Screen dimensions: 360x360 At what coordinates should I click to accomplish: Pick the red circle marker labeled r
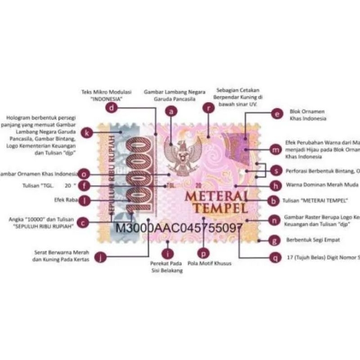pos(207,107)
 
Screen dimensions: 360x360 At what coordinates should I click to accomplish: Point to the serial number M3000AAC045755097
pos(179,227)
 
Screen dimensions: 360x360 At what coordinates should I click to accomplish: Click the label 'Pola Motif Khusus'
pos(210,263)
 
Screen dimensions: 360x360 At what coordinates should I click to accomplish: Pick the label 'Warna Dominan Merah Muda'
pos(321,184)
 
